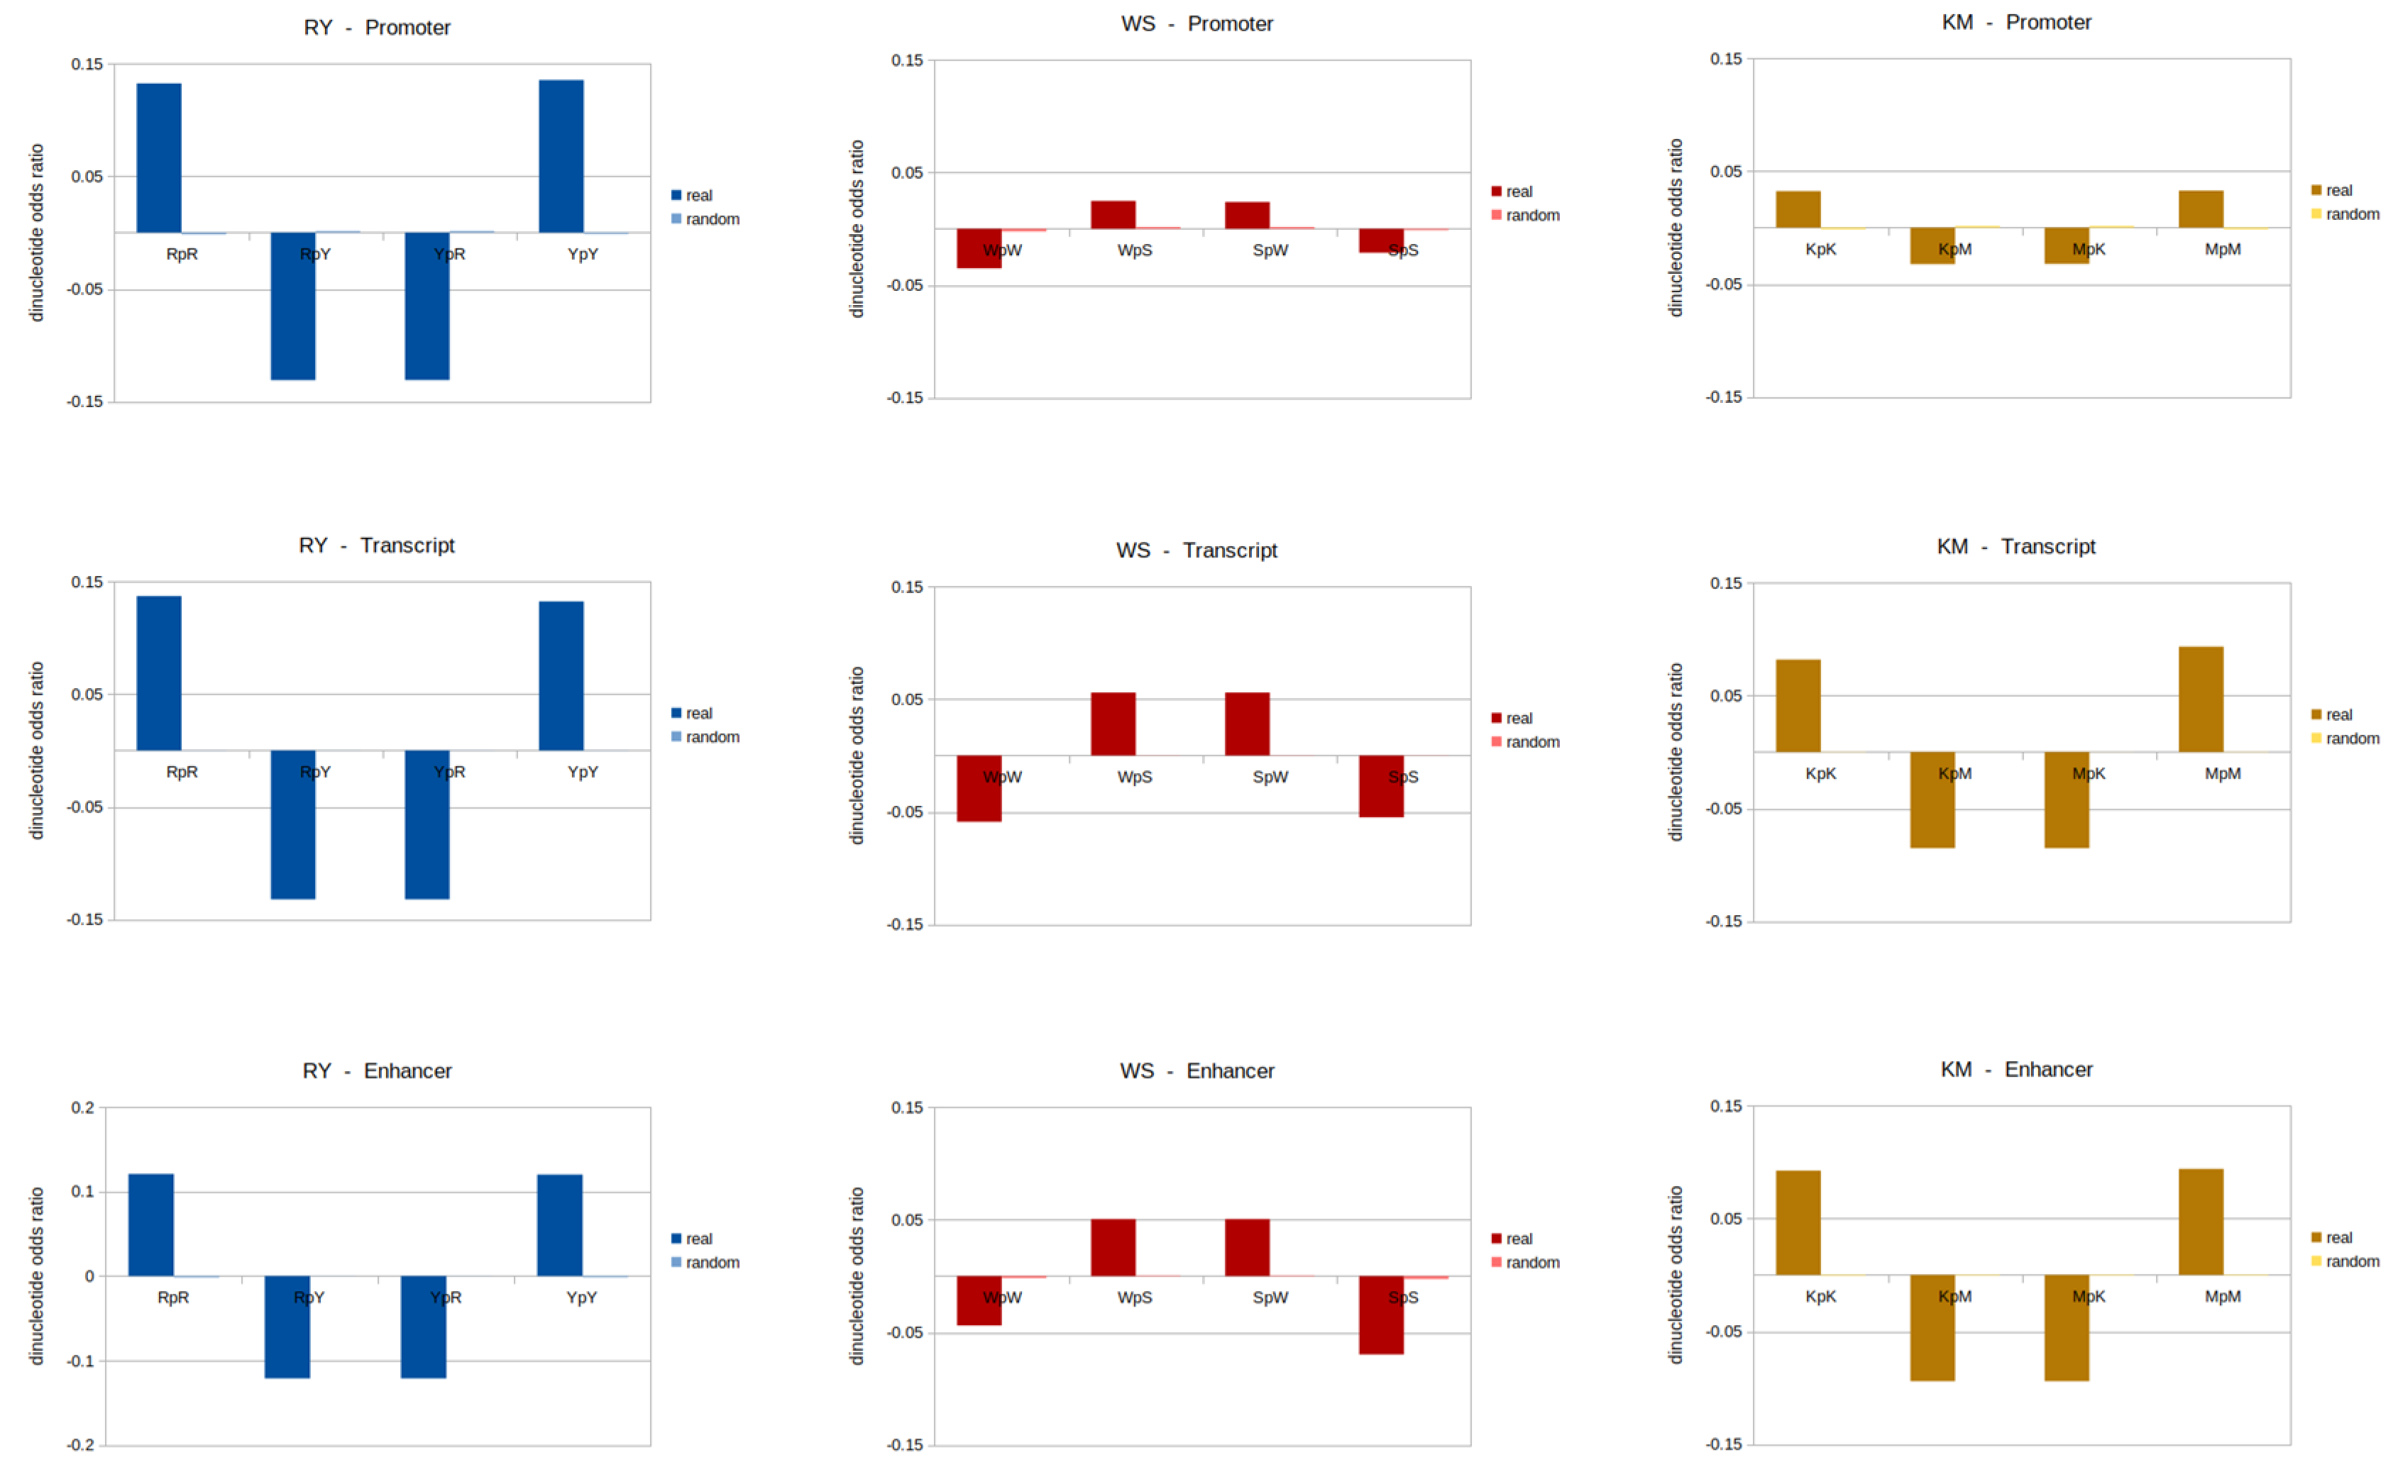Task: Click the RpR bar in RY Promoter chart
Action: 158,157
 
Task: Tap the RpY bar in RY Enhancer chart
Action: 287,1326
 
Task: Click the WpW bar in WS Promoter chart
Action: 979,248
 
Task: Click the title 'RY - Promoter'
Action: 377,28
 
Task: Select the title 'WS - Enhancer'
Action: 1196,1070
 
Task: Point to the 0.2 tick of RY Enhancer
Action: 83,1107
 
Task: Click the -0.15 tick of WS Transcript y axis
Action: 904,924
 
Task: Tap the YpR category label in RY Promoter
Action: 449,255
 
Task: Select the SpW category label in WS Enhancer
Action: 1270,1297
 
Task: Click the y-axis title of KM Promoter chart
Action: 1675,227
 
